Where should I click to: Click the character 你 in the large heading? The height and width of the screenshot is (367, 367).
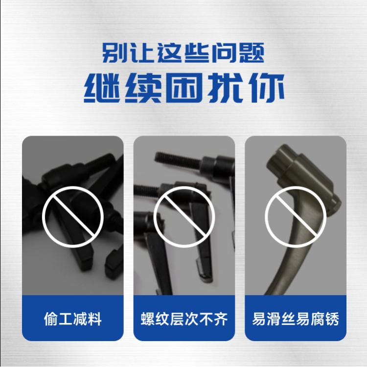pyautogui.click(x=267, y=88)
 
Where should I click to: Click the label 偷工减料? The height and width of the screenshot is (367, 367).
pyautogui.click(x=73, y=319)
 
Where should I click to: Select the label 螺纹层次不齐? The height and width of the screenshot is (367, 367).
pyautogui.click(x=184, y=319)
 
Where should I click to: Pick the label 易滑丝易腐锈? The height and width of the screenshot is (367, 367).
pyautogui.click(x=296, y=319)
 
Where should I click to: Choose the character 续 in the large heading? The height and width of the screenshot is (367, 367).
pyautogui.click(x=143, y=88)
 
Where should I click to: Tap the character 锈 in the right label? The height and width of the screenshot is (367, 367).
pyautogui.click(x=332, y=319)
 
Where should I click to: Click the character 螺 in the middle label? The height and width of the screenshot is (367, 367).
pyautogui.click(x=148, y=319)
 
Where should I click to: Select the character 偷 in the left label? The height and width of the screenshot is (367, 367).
pyautogui.click(x=51, y=319)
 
